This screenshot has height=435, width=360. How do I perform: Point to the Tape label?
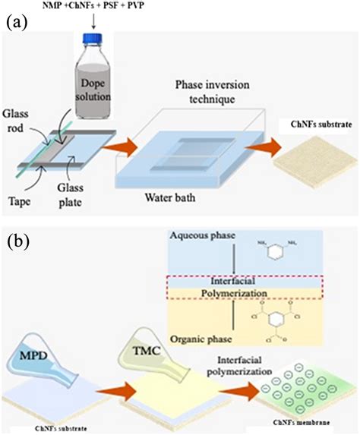[21, 181]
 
